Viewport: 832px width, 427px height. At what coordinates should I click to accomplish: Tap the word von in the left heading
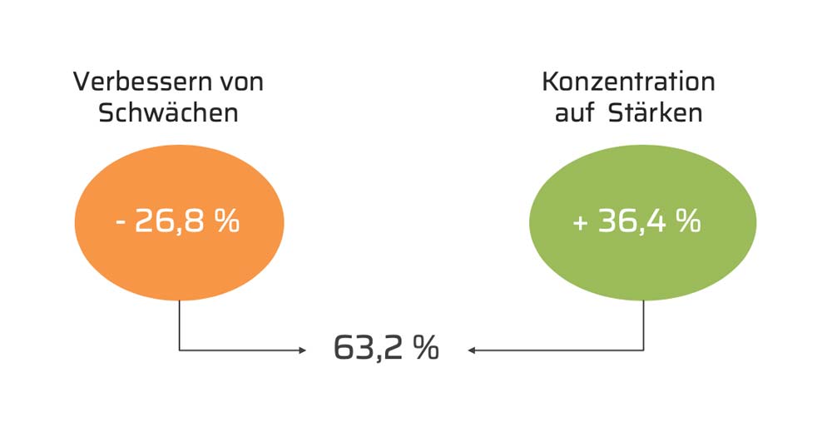(240, 82)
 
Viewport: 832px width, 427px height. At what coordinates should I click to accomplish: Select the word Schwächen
(168, 112)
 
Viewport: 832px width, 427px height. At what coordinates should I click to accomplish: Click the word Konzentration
(628, 82)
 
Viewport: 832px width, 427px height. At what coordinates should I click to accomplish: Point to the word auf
(573, 112)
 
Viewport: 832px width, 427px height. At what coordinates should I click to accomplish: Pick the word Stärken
(656, 112)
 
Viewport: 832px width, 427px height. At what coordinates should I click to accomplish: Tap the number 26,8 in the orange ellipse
(169, 222)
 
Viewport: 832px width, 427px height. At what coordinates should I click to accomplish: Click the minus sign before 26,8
(121, 224)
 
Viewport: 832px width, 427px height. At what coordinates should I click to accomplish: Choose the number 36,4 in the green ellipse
(631, 222)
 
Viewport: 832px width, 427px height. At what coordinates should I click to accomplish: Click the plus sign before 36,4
(581, 224)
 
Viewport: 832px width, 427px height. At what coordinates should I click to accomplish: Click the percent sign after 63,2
(425, 348)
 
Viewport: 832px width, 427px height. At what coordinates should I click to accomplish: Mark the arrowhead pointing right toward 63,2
(302, 350)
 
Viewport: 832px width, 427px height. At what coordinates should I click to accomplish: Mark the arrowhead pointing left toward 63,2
(472, 350)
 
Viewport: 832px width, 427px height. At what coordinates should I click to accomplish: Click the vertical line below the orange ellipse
(179, 325)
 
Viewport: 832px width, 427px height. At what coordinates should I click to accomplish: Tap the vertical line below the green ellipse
(643, 325)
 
